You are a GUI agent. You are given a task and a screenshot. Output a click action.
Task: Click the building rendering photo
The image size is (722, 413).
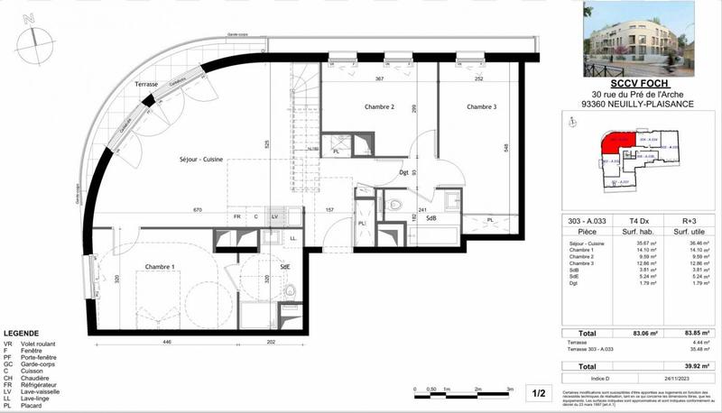pos(638,41)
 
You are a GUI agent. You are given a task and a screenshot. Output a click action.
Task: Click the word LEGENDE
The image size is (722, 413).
pos(22,333)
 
